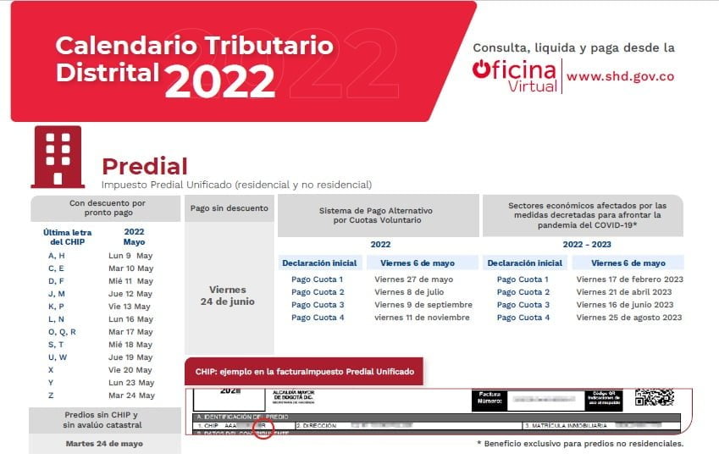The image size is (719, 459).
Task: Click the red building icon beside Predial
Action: (58, 157)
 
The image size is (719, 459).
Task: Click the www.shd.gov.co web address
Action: (620, 75)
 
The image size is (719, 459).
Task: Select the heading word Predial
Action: (144, 166)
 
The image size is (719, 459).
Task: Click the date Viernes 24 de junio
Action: (226, 296)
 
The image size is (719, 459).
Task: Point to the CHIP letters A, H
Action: (57, 256)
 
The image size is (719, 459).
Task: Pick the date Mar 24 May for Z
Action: (130, 395)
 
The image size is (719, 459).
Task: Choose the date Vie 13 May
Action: (130, 307)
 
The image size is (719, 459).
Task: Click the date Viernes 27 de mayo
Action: (414, 279)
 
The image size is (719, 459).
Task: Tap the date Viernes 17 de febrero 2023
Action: (628, 279)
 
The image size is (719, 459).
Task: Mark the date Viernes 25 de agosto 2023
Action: (628, 318)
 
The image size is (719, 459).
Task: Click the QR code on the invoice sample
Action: (654, 398)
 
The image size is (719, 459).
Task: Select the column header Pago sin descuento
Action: (229, 208)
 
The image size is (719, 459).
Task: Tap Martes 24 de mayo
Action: (104, 443)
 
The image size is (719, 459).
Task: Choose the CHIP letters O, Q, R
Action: (62, 332)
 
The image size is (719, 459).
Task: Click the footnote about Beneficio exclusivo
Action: (580, 443)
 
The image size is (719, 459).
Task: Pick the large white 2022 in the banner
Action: (219, 81)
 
